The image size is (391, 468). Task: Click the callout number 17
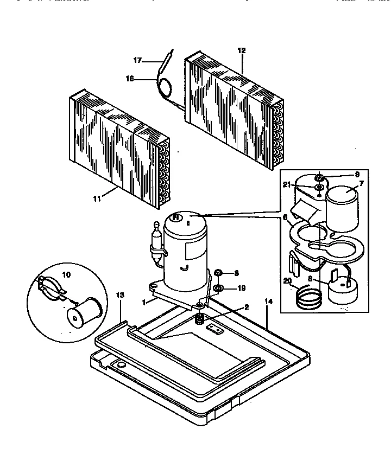(138, 60)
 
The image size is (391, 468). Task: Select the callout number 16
(130, 79)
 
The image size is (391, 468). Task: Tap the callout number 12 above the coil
(242, 50)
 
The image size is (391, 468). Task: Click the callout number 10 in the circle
(67, 274)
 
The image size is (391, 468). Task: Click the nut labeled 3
(218, 272)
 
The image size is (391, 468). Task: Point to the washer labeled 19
(218, 287)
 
